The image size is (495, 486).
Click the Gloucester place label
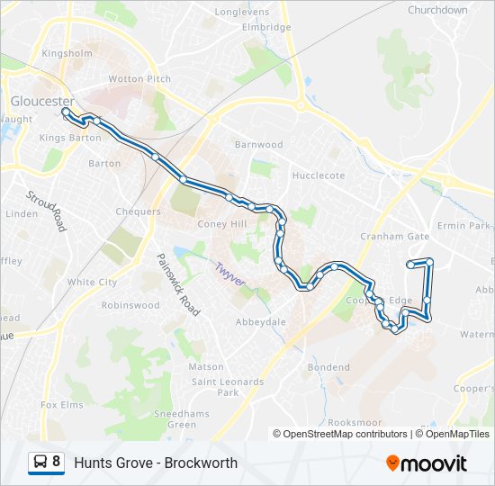[x=40, y=102]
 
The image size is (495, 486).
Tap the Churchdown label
[x=437, y=11]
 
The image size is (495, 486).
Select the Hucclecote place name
[x=319, y=175]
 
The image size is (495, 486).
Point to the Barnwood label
[x=258, y=145]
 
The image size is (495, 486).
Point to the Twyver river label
[x=229, y=274]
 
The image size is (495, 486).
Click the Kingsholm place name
[x=67, y=53]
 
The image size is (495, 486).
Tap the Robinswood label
[x=130, y=305]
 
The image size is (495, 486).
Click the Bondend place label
[x=328, y=367]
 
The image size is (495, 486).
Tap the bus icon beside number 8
[x=40, y=463]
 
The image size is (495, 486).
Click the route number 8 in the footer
[x=57, y=463]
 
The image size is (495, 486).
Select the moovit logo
[x=427, y=463]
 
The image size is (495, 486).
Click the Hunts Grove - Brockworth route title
[x=156, y=463]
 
